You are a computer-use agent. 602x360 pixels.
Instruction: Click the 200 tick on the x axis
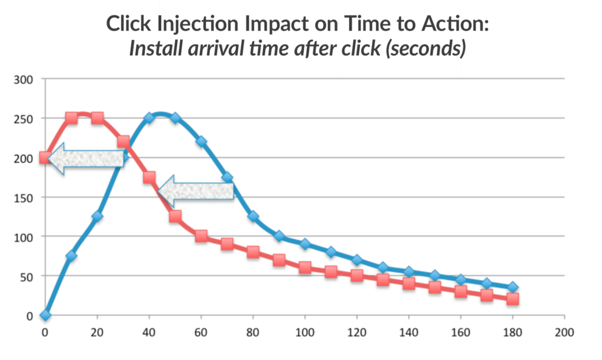click(564, 331)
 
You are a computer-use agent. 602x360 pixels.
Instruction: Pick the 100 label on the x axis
click(305, 331)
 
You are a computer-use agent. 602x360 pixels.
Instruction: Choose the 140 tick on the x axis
click(409, 331)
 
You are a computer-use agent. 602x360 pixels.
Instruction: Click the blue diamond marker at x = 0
click(45, 315)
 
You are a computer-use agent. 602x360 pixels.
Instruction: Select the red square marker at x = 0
click(45, 158)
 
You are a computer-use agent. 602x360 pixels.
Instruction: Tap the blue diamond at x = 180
click(513, 288)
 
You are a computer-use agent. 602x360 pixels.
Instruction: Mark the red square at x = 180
click(513, 299)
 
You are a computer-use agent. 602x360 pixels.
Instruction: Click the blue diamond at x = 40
click(149, 118)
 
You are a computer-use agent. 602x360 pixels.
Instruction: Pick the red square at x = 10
click(71, 118)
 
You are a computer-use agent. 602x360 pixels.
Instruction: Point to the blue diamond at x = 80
click(253, 216)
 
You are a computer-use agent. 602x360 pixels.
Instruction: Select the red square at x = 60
click(201, 236)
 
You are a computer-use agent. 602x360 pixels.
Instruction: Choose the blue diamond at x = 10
click(71, 256)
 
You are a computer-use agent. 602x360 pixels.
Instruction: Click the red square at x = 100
click(305, 268)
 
